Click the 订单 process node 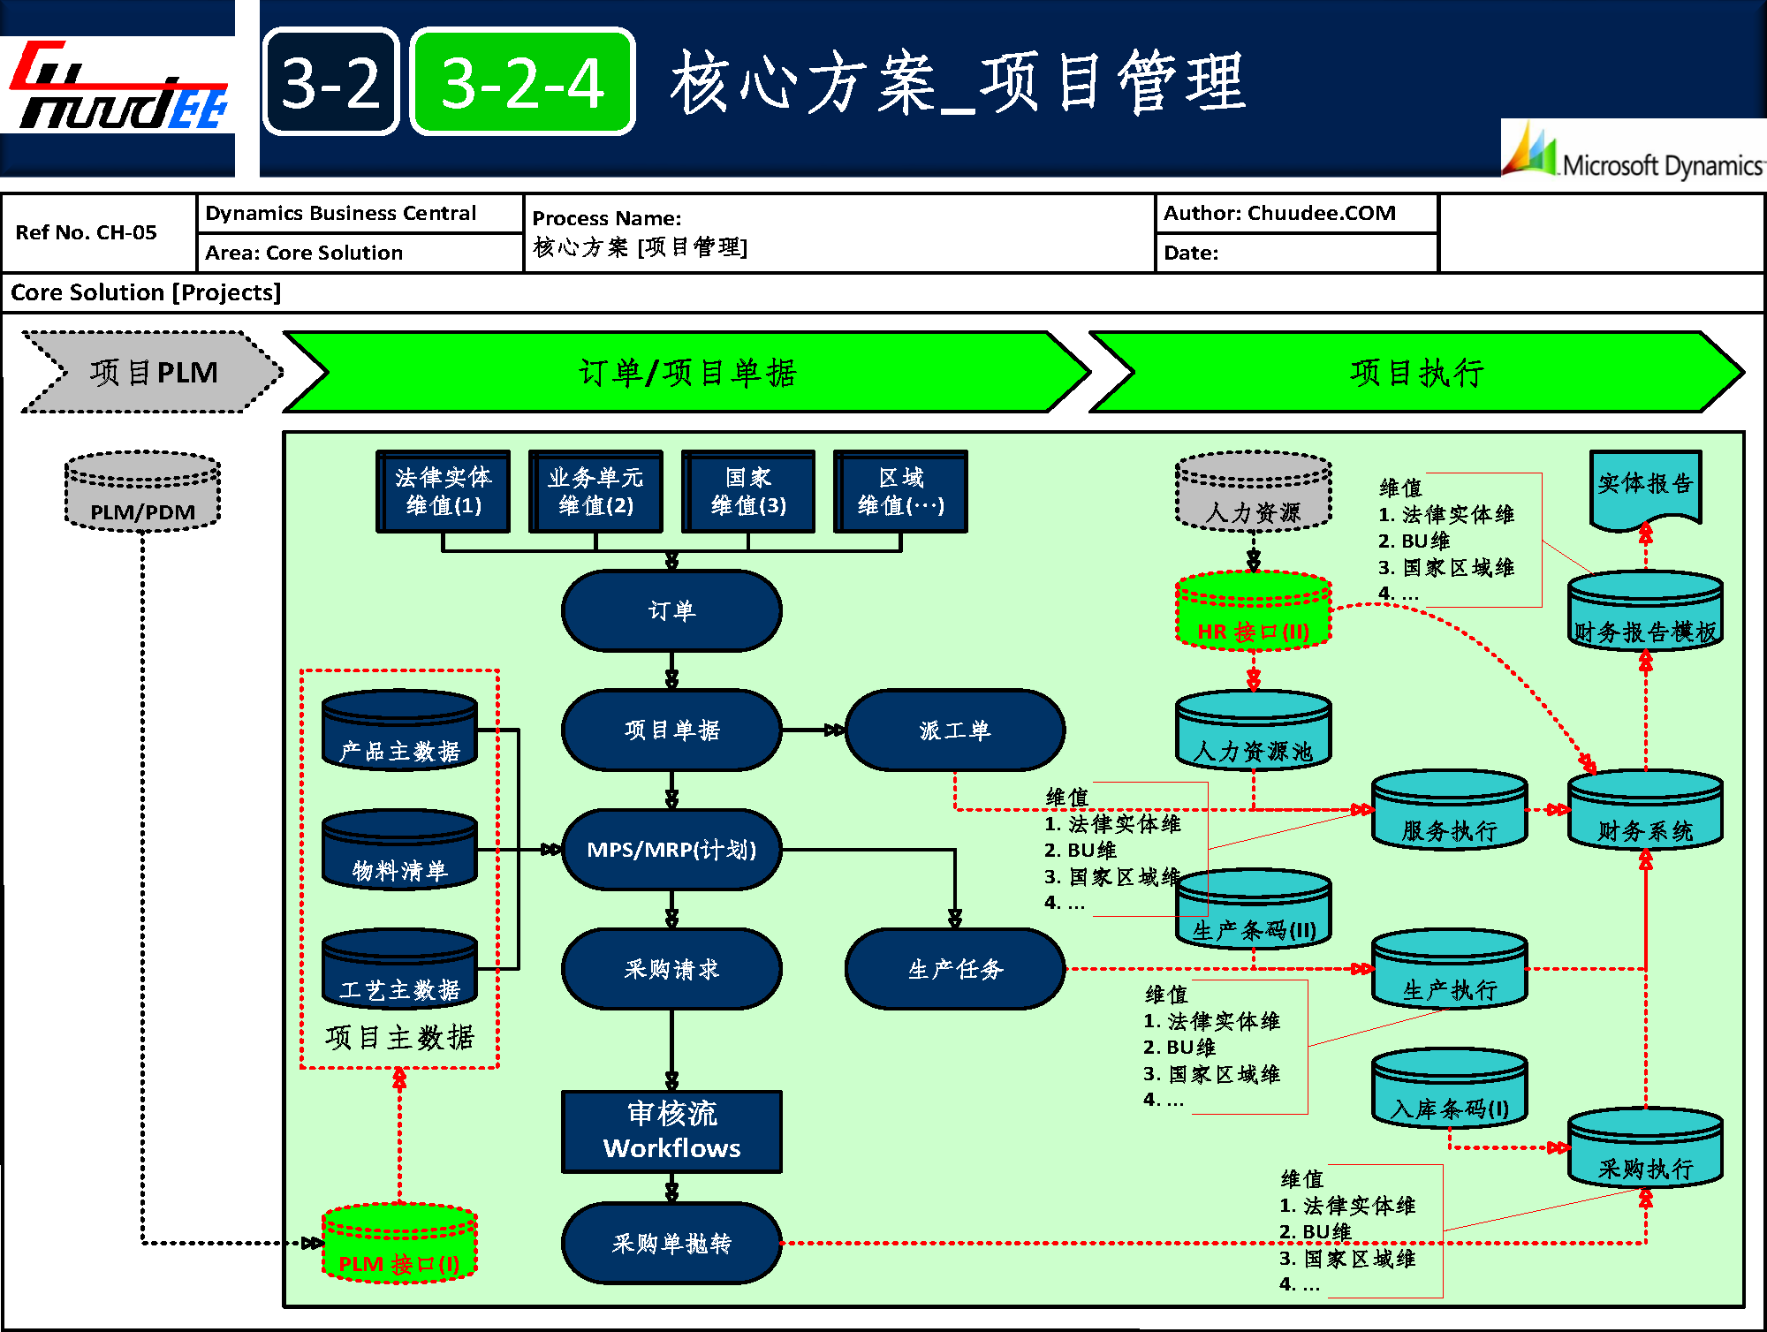point(671,610)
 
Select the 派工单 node point(954,730)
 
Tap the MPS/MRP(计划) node point(671,850)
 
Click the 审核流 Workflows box point(671,1131)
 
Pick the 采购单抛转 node point(671,1243)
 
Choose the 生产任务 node point(954,969)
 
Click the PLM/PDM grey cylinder point(142,493)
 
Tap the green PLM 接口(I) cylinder point(399,1243)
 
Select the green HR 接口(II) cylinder point(1253,612)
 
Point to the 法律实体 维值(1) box point(443,491)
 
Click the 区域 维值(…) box point(900,491)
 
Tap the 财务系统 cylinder point(1645,811)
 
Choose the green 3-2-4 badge point(522,82)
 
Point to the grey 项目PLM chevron point(152,372)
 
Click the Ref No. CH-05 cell point(87,232)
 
